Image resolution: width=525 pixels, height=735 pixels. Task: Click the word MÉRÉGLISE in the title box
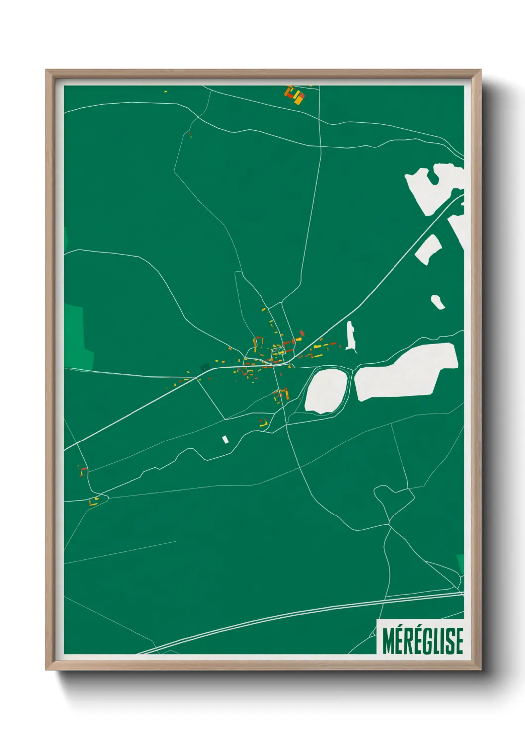coord(423,641)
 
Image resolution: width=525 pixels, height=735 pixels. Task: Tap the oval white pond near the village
coord(326,390)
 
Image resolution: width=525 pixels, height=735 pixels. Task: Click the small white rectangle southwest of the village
coord(225,440)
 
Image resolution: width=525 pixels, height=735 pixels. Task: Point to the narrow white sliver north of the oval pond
coord(351,336)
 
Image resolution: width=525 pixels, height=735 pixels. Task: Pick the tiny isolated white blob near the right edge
coord(437,301)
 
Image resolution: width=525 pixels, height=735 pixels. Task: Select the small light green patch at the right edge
coord(460,564)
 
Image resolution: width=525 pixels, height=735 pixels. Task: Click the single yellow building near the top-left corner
coord(166,91)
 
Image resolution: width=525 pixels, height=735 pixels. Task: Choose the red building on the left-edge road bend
coord(84,469)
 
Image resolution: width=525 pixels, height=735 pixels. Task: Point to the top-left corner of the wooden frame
coord(47,71)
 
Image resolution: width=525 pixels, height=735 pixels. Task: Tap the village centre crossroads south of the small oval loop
coord(274,365)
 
